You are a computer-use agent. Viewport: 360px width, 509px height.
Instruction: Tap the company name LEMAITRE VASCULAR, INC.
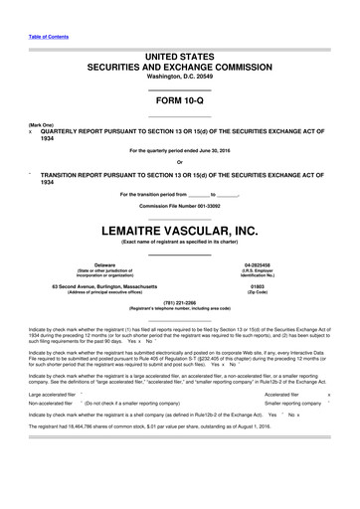coord(180,234)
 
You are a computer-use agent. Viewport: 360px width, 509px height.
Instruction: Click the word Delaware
coord(90,265)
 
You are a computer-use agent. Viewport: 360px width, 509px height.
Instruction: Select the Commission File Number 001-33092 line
coord(180,206)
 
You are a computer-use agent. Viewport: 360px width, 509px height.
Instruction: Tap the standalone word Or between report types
coord(179,163)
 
